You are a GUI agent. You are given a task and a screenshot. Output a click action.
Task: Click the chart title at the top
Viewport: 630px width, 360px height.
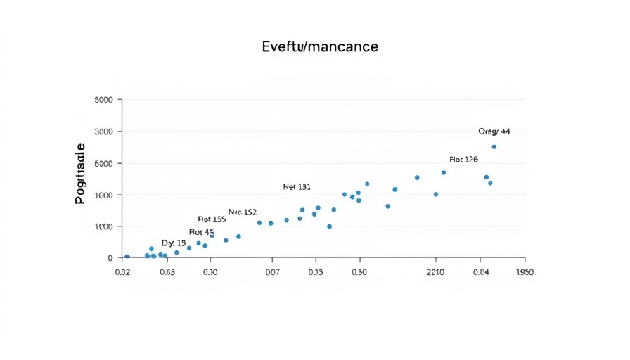coord(319,47)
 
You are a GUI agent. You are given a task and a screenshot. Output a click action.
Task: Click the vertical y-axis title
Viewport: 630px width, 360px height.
coord(79,173)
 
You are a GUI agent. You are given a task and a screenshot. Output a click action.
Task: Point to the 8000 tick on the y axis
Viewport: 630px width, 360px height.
coord(103,100)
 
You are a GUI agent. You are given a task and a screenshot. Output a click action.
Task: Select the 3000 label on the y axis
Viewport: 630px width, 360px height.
coord(103,131)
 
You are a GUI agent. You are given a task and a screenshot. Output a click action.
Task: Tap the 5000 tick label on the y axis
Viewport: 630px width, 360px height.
coord(103,163)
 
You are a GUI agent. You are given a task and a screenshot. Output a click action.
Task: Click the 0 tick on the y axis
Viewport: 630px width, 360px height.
coord(110,258)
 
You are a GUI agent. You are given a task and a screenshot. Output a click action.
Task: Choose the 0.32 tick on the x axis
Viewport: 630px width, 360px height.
coord(122,272)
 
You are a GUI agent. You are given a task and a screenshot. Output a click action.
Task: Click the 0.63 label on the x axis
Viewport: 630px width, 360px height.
coord(167,272)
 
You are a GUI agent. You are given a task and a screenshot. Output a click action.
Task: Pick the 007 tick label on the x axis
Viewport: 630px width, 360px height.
coord(273,272)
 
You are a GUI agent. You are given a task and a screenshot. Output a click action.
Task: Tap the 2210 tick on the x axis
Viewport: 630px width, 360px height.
coord(436,272)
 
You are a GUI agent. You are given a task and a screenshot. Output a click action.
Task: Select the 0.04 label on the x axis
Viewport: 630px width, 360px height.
coord(481,272)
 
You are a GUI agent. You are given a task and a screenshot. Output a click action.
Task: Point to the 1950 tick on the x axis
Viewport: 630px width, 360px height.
coord(525,272)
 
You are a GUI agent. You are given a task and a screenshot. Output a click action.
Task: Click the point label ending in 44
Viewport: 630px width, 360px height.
coord(494,131)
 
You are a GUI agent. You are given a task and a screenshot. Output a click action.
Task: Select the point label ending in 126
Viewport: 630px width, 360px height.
coord(463,160)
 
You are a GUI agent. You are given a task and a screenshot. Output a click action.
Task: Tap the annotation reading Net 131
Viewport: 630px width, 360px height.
coord(297,187)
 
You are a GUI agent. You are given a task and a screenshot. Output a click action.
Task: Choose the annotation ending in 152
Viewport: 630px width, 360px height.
coord(243,212)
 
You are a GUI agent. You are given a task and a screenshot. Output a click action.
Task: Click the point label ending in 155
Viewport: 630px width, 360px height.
coord(212,219)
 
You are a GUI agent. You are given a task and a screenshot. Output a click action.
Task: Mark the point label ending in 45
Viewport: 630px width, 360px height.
coord(201,232)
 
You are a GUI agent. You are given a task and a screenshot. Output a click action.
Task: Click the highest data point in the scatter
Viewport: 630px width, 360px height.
coord(494,147)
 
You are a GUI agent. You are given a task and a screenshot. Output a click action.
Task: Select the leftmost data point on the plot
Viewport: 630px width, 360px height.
coord(127,257)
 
